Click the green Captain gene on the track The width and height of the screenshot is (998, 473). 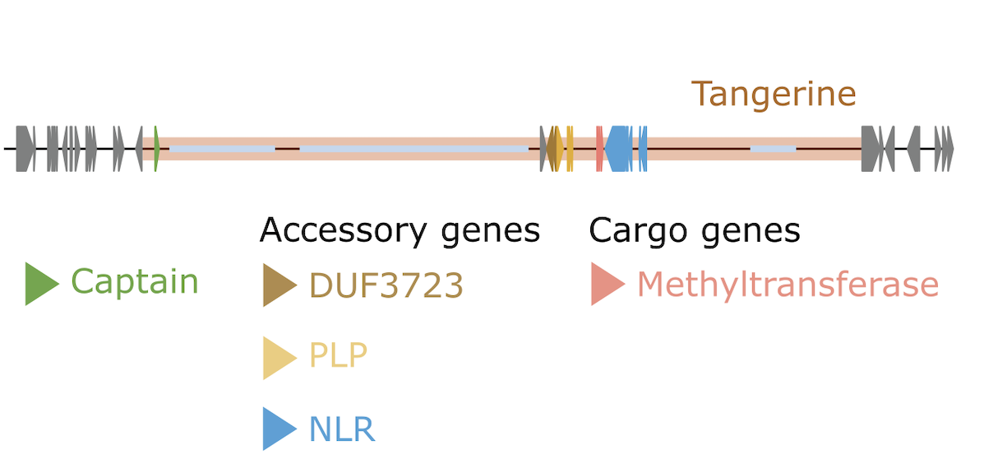[x=156, y=148]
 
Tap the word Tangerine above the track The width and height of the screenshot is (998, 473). [x=773, y=95]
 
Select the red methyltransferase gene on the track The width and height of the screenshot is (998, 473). [x=599, y=148]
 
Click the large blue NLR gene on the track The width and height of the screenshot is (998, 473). [x=619, y=148]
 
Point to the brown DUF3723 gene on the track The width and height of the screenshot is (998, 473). [x=552, y=148]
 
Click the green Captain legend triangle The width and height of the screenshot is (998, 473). [x=42, y=284]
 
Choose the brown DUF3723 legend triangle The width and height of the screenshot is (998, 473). [x=280, y=285]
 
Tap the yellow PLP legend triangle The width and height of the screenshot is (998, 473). [x=280, y=358]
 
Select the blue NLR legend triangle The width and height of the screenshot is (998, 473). [x=280, y=429]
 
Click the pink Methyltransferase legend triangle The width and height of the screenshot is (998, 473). [x=608, y=284]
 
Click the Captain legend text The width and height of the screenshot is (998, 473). [x=135, y=281]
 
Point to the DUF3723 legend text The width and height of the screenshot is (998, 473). [x=386, y=285]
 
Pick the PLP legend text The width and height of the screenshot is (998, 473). [x=338, y=355]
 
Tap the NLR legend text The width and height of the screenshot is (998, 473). [x=342, y=429]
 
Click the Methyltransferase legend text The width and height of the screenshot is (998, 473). [x=788, y=285]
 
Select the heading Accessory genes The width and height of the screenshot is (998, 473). [x=400, y=230]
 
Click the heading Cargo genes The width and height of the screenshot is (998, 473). [x=695, y=231]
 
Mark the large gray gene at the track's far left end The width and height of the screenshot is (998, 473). [x=25, y=148]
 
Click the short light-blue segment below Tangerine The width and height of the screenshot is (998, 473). [x=773, y=148]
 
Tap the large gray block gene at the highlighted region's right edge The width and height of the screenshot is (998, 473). [x=871, y=148]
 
